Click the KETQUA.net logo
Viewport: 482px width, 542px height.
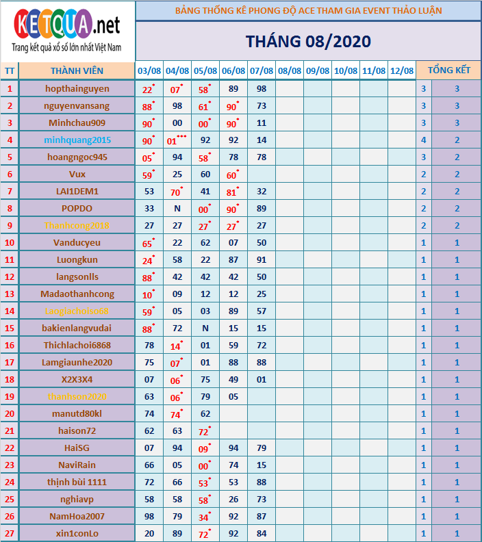67,31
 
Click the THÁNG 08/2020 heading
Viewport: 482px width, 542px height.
308,41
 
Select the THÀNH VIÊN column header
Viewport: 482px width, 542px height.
77,71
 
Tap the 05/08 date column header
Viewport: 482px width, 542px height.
205,71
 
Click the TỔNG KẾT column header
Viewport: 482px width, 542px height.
448,71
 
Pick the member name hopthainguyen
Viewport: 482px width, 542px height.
77,88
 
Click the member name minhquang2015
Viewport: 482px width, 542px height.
77,140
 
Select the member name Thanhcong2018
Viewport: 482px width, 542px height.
77,225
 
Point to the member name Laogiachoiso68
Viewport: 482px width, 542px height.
77,311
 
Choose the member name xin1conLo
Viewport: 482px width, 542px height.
77,533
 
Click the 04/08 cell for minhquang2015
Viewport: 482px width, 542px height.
177,140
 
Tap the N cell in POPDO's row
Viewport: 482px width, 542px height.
177,208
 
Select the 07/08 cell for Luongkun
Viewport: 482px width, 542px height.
262,259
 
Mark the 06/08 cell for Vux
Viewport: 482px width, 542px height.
233,174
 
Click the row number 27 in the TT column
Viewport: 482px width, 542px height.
10,533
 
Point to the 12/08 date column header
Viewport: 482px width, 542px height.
402,71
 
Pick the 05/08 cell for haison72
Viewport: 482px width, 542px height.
205,430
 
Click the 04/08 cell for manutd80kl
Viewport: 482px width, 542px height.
177,413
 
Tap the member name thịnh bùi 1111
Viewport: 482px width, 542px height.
77,482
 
